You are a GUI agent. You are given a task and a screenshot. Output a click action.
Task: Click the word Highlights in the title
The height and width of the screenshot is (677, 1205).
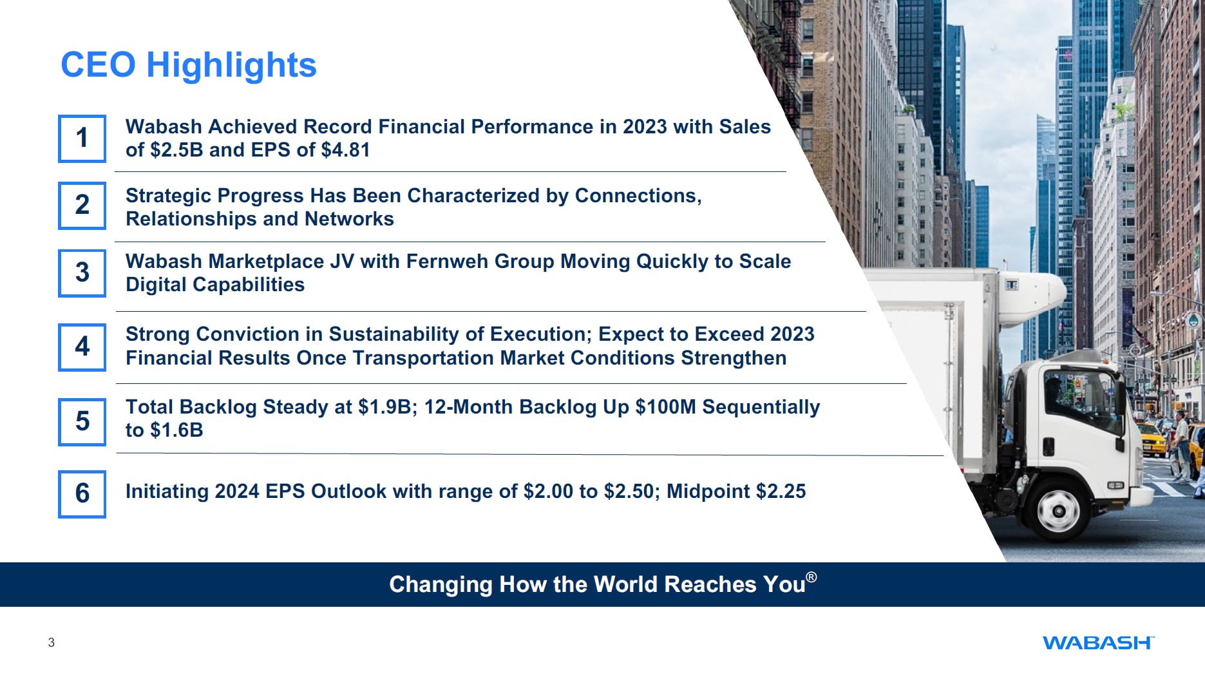(x=231, y=65)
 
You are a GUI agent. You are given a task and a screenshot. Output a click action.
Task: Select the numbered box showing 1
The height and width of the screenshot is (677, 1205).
(x=82, y=138)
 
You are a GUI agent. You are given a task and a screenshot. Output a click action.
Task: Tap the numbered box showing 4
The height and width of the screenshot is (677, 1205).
(x=82, y=347)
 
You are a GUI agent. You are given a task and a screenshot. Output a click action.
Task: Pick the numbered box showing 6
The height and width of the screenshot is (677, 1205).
(x=82, y=494)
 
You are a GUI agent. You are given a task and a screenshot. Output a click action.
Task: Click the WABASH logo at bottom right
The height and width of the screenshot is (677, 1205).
(x=1097, y=643)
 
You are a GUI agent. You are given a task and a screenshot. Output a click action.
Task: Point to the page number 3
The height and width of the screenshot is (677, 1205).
(x=52, y=642)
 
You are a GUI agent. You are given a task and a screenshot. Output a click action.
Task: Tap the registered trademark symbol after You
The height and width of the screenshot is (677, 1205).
(x=811, y=577)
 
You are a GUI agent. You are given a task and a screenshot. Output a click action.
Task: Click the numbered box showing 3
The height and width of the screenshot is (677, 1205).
(x=82, y=273)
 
